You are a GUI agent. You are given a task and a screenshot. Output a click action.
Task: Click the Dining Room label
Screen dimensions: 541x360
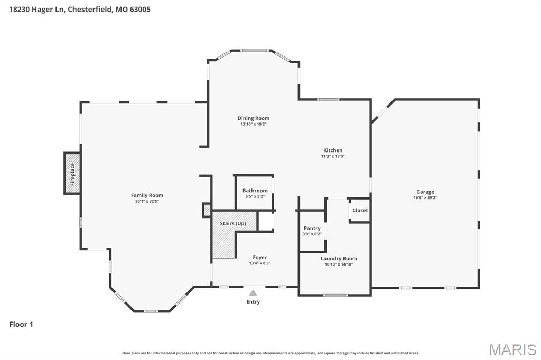tap(254, 118)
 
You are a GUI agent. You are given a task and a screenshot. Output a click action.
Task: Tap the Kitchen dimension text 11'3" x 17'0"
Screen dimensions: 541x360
tap(333, 156)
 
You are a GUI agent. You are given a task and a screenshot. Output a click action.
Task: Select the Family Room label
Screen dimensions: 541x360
tap(147, 195)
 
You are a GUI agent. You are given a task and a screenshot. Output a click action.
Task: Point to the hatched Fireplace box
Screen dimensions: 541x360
tap(72, 174)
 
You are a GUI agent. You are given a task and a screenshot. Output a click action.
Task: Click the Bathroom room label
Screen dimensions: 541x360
tap(255, 191)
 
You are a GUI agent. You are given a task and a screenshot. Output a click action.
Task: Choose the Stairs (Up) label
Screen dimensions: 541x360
tap(233, 223)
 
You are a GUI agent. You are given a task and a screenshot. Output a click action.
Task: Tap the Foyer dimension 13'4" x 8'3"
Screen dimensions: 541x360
tap(260, 263)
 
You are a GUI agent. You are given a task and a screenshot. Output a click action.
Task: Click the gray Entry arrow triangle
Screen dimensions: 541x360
tap(253, 293)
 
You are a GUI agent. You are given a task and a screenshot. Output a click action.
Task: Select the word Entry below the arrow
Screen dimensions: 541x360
tap(253, 302)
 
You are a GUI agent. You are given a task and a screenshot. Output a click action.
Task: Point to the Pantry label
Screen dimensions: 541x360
tap(312, 228)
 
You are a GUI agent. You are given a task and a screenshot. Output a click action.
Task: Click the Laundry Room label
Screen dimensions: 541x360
tap(339, 258)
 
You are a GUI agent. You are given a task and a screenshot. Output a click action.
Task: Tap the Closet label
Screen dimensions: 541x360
tap(360, 210)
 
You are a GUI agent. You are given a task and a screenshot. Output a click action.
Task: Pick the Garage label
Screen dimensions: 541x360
tap(425, 192)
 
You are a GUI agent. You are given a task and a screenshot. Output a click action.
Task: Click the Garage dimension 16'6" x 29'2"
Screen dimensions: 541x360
tap(425, 198)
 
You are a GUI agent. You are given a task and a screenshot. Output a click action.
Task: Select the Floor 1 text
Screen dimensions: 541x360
tap(21, 324)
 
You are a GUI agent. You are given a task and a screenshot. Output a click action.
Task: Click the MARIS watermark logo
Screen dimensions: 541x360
tap(512, 349)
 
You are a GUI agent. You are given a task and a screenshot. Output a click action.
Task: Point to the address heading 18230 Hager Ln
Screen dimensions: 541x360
tap(37, 10)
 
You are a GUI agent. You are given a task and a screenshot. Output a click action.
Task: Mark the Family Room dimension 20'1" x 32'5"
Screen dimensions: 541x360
tap(147, 202)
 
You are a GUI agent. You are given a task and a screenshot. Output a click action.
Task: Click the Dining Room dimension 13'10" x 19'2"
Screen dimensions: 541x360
tap(254, 124)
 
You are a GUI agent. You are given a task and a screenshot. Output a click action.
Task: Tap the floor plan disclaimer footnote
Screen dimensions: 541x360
tap(270, 353)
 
